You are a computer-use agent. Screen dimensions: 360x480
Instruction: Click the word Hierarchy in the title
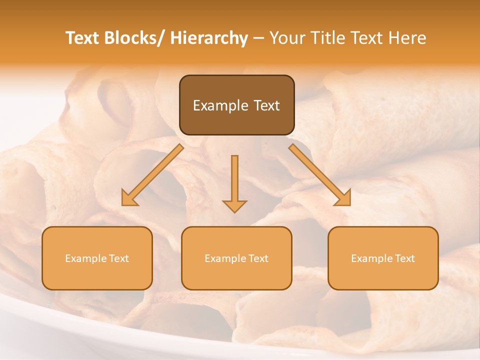(x=209, y=38)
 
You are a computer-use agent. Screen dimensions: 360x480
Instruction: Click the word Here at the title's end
(x=407, y=38)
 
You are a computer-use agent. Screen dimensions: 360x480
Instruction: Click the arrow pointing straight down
(x=234, y=180)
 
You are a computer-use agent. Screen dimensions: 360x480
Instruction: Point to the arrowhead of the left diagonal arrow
(x=128, y=199)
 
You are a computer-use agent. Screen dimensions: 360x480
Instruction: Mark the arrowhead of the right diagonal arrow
(x=344, y=199)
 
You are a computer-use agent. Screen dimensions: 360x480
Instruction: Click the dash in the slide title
(x=258, y=38)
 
